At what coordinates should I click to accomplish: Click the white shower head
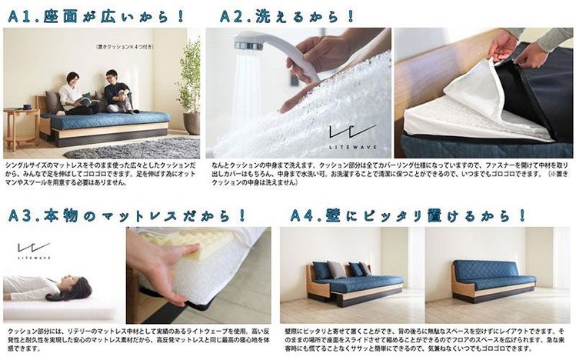[x=265, y=48]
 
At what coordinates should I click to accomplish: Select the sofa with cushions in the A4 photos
[x=347, y=282]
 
